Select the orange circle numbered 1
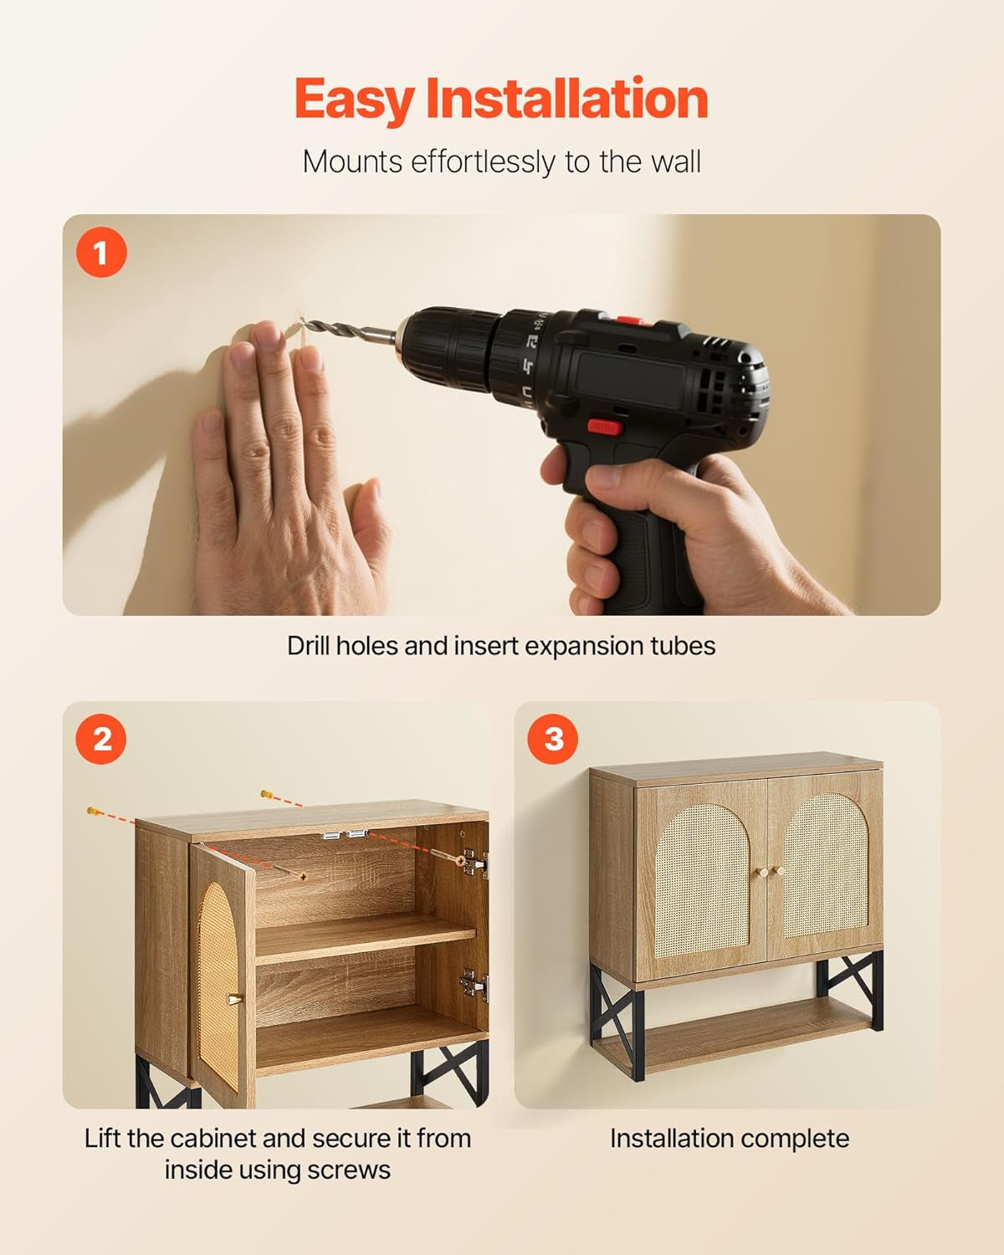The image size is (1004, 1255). tap(101, 252)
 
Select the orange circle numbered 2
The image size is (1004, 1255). tap(101, 739)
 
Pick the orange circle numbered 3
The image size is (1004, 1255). tap(553, 739)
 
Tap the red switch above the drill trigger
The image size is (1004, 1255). tap(604, 427)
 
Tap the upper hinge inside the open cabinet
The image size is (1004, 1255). tap(474, 863)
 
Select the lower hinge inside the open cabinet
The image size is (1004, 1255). tap(474, 986)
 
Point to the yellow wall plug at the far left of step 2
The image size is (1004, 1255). tap(92, 810)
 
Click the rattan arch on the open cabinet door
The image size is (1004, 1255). tap(218, 986)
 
